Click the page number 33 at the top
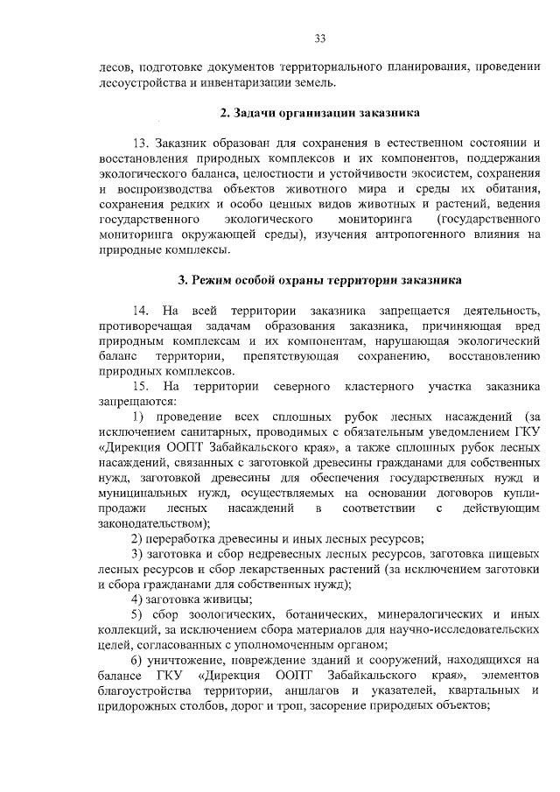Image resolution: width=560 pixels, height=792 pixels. pos(320,38)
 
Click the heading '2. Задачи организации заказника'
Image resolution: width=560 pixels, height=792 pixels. pos(319,113)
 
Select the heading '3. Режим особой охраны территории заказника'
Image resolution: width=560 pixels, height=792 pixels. pos(319,280)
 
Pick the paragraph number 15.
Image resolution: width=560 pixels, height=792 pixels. pos(139,386)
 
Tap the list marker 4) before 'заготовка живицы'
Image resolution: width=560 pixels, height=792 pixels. pos(138,599)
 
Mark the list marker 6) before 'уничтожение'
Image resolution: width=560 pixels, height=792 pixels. pos(138,659)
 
